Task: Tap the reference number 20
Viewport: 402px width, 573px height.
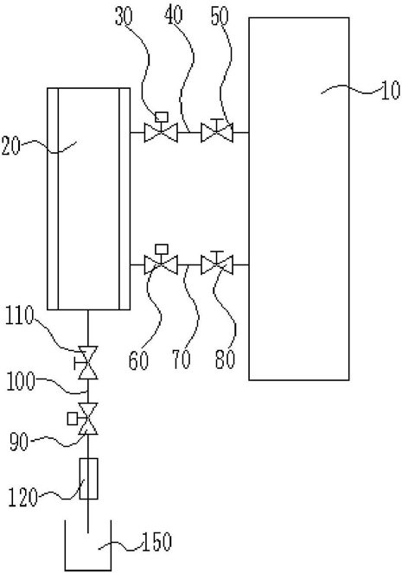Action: click(x=10, y=146)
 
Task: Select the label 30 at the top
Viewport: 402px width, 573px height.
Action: click(x=124, y=16)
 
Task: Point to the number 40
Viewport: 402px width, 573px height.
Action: click(x=174, y=16)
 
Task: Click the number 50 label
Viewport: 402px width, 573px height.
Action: click(x=220, y=16)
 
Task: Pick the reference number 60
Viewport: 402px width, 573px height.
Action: click(x=138, y=360)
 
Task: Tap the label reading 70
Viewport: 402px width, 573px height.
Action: click(x=182, y=360)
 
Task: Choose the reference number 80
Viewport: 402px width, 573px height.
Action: click(x=225, y=360)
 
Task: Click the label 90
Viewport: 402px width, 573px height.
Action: click(x=19, y=442)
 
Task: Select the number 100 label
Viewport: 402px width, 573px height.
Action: click(x=21, y=382)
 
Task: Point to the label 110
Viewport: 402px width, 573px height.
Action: click(x=20, y=316)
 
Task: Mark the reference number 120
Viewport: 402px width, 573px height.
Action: click(x=22, y=498)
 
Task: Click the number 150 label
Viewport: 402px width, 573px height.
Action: click(x=156, y=542)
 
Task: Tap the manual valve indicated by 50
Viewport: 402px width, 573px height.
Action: click(x=217, y=131)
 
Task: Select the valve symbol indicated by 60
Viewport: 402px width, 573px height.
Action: click(x=161, y=259)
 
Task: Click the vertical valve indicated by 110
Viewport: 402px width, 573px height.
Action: click(x=86, y=362)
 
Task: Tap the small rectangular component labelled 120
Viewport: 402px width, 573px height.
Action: click(x=89, y=479)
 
